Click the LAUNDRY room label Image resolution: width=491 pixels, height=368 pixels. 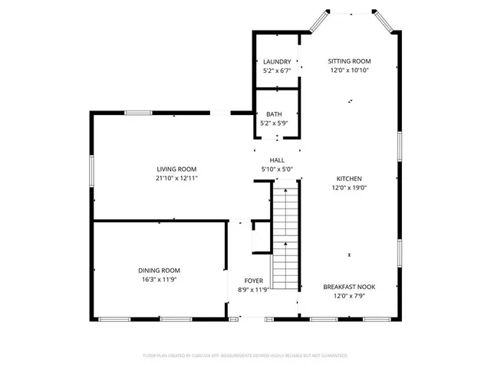(x=277, y=62)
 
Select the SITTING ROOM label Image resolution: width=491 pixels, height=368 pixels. (x=349, y=61)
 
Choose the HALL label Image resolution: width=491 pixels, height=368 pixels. (x=277, y=160)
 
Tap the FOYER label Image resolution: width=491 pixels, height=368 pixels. (x=255, y=281)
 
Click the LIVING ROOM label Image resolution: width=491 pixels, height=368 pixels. (x=177, y=169)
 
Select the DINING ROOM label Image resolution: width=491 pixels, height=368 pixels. (x=159, y=271)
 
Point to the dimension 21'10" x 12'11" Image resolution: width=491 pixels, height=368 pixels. (x=177, y=178)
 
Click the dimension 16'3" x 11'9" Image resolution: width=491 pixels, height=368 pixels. (x=159, y=280)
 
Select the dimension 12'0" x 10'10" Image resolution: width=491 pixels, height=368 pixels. (x=349, y=71)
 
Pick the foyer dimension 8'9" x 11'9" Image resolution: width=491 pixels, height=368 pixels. (x=255, y=290)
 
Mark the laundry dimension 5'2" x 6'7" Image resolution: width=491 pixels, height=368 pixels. (x=277, y=71)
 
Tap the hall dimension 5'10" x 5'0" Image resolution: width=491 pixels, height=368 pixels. (x=277, y=169)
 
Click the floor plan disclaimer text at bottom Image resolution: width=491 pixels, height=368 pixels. (x=245, y=356)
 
